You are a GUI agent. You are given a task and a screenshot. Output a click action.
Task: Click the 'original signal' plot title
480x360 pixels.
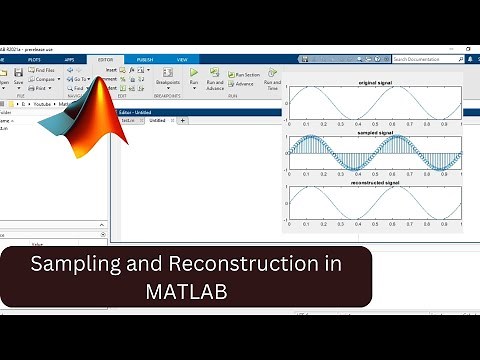click(373, 82)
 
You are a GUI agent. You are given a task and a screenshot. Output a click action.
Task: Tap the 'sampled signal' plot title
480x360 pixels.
click(373, 132)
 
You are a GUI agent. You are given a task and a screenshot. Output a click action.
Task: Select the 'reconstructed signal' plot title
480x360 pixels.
click(373, 183)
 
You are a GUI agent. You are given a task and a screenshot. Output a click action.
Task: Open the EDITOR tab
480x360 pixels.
click(106, 59)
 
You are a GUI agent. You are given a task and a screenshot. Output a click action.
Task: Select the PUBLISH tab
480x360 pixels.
click(144, 59)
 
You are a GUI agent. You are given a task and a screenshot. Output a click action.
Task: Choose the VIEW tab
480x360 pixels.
click(182, 59)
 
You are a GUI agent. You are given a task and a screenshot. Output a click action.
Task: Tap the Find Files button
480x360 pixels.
click(57, 71)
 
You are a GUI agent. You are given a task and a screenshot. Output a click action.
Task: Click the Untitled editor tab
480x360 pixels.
click(157, 120)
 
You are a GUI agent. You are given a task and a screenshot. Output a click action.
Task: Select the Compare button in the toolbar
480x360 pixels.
click(57, 79)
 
